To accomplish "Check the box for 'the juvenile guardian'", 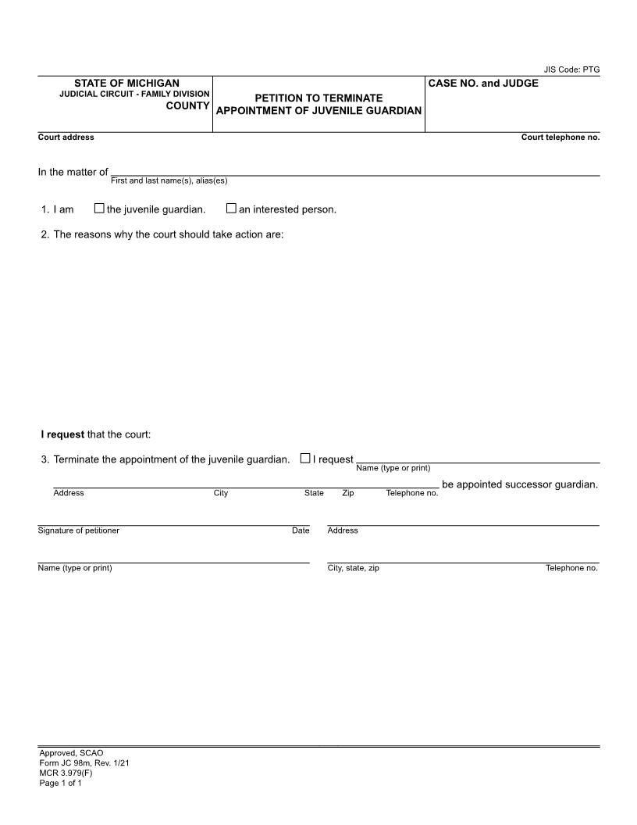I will coord(99,209).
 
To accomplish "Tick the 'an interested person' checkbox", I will coord(231,209).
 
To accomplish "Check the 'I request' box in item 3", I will coord(305,459).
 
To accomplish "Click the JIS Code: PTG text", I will coord(571,70).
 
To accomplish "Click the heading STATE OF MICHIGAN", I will coord(126,83).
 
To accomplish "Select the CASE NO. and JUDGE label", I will coord(483,83).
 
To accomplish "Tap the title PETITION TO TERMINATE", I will coord(318,98).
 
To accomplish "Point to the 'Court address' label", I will coord(66,137).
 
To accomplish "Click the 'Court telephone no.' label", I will coord(560,137).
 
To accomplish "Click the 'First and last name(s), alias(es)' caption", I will coord(169,181).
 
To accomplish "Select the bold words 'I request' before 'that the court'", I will coord(62,434).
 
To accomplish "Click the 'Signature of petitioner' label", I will coord(78,530).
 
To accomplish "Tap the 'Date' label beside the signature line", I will coord(301,530).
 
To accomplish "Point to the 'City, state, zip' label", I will coord(353,568).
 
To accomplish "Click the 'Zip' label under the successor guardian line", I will coord(347,493).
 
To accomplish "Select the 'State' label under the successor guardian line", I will coord(314,493).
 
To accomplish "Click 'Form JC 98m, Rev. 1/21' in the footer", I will coord(84,762).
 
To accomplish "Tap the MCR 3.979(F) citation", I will coord(66,773).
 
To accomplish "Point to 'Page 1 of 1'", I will coord(60,783).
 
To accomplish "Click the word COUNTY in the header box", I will coord(187,105).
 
